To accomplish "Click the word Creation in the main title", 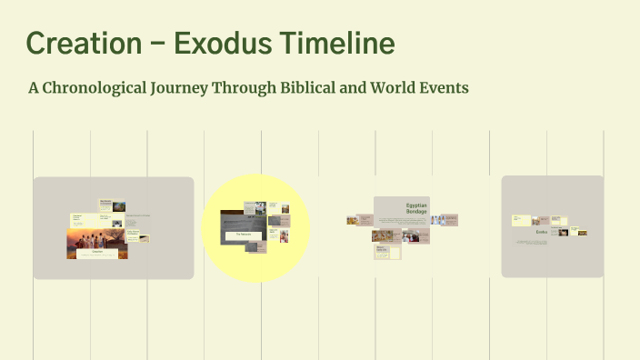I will [81, 43].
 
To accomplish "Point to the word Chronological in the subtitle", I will [99, 89].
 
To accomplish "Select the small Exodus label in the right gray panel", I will [542, 233].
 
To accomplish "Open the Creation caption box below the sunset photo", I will [96, 255].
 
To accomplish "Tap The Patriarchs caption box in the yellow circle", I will [244, 235].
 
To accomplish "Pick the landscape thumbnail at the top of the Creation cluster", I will [118, 207].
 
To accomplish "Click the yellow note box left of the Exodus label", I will [521, 220].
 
